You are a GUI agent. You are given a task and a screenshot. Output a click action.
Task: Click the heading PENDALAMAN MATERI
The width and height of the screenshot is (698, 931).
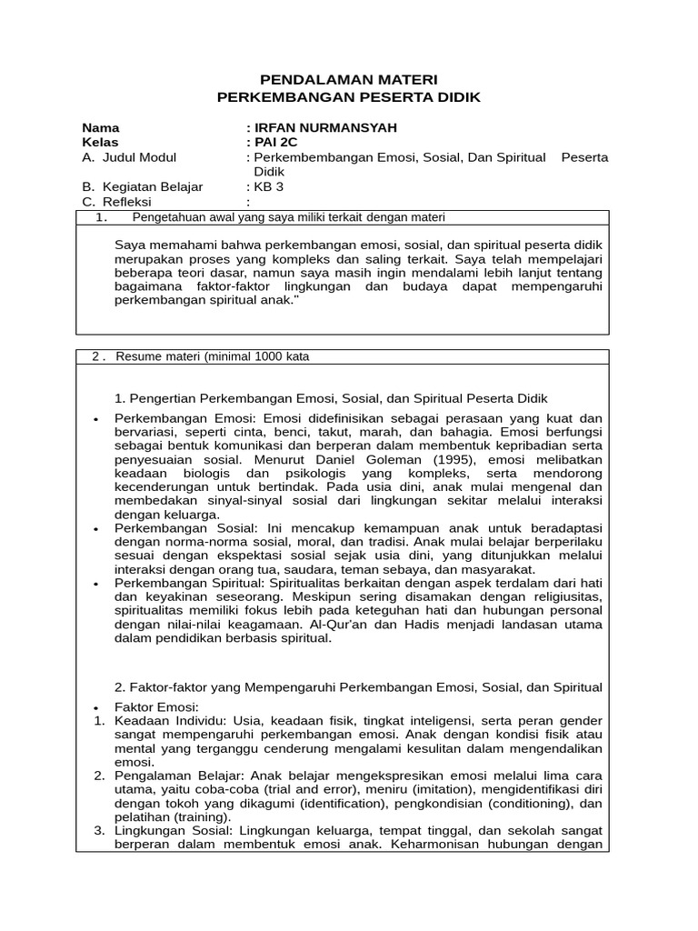coord(349,80)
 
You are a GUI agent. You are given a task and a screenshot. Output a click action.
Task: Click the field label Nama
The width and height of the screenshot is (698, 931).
coord(100,127)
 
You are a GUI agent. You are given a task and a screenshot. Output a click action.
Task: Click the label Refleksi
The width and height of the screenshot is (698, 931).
coord(128,202)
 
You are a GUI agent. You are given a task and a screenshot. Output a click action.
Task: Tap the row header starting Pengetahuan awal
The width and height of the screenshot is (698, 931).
coord(288,217)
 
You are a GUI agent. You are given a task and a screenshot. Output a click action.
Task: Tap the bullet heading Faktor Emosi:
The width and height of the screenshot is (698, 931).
coord(156,707)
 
